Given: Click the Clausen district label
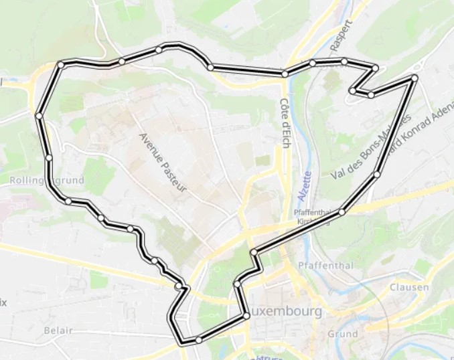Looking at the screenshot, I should click(x=408, y=287).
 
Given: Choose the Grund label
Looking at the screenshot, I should click(x=343, y=333).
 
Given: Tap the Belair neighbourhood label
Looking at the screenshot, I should click(x=58, y=331).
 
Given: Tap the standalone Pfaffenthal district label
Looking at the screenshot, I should click(x=325, y=266).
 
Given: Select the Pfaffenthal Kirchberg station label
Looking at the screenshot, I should click(x=313, y=217).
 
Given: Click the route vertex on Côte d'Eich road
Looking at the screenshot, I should click(x=285, y=74).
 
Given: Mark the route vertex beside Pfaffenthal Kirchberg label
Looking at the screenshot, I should click(x=342, y=212).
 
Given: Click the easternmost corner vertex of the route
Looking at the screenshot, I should click(x=414, y=78).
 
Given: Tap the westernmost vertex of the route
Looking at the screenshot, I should click(x=39, y=116).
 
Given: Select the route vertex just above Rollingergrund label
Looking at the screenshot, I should click(x=49, y=158).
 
